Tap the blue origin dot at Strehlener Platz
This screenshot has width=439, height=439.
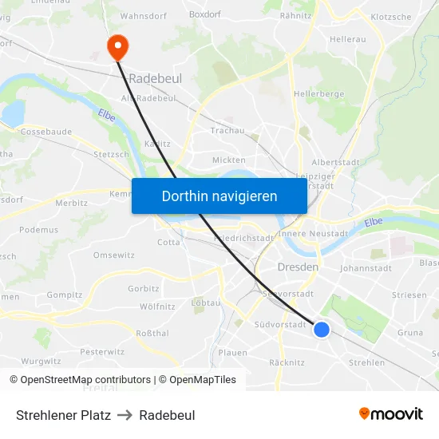[x=322, y=329]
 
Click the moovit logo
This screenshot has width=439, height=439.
[x=391, y=414]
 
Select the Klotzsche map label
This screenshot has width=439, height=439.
[x=391, y=17]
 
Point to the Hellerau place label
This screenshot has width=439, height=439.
[x=347, y=38]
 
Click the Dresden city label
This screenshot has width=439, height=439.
[x=298, y=267]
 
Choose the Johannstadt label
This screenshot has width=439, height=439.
[x=365, y=269]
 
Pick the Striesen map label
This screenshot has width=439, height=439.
[x=409, y=295]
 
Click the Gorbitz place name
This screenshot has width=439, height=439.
[x=143, y=289]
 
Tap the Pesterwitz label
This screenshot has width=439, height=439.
[x=102, y=351]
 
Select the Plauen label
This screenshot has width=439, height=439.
[x=232, y=353]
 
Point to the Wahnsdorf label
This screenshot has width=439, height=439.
[x=142, y=15]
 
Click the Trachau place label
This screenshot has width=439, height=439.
[x=227, y=130]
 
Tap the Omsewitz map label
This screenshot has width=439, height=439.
[x=113, y=255]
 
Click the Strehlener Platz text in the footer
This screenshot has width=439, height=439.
[x=63, y=415]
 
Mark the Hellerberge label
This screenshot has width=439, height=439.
[x=318, y=93]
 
